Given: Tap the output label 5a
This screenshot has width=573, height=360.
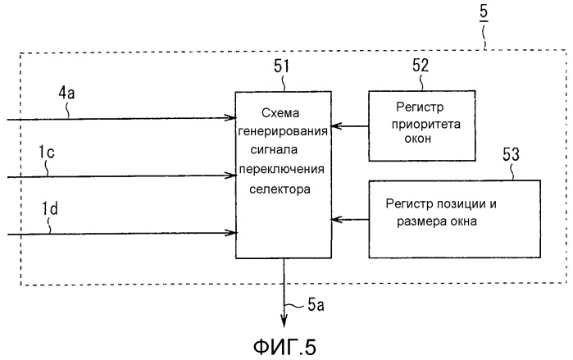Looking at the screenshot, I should tap(317, 307).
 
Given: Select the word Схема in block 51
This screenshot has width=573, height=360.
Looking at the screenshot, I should tap(281, 113).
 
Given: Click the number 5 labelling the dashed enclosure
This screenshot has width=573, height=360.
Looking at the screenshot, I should tap(482, 13).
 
